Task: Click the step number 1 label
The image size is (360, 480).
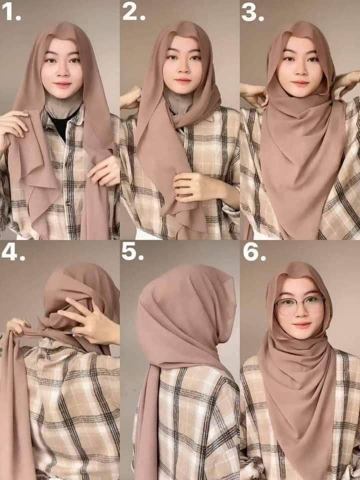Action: click(11, 12)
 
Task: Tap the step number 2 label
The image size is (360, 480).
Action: click(134, 12)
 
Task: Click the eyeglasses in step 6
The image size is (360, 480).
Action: click(299, 305)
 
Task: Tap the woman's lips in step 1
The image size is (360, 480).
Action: click(63, 84)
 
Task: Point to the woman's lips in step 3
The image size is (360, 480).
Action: click(300, 83)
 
